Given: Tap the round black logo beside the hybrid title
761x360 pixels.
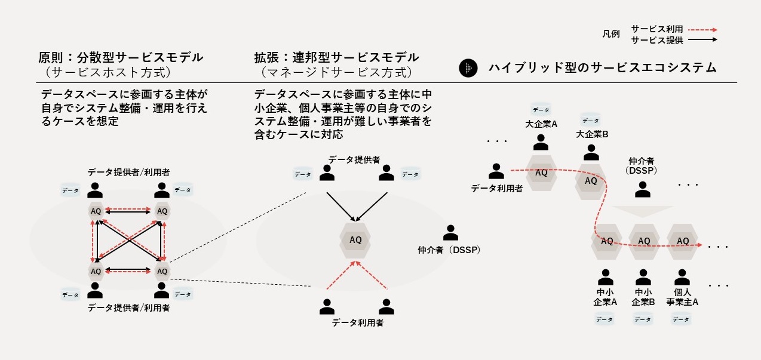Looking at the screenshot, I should (468, 68).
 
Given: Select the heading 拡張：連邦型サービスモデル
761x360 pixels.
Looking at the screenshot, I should (336, 58).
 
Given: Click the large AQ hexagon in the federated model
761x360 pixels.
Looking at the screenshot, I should (355, 240).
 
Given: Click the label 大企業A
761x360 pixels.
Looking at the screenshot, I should (541, 125).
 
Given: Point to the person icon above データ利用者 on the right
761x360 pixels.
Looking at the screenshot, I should (496, 172).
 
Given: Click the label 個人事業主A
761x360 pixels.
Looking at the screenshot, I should (682, 297).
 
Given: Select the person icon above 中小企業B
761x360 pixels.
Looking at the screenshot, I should (643, 278).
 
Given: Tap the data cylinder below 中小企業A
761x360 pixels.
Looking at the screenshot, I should (604, 319).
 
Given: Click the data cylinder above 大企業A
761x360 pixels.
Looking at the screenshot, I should (541, 110).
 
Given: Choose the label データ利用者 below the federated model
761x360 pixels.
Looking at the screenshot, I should (357, 323).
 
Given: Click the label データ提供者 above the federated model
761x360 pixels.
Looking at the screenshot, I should (354, 159).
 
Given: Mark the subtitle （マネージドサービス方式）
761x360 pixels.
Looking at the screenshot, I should (336, 73).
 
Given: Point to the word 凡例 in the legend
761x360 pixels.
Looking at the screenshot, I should (611, 34).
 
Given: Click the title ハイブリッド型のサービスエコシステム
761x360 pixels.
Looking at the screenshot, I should (602, 68).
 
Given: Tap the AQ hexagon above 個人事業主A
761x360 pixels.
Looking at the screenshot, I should (682, 241).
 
